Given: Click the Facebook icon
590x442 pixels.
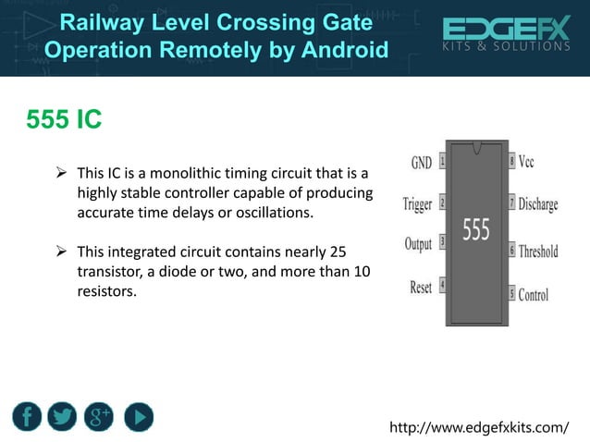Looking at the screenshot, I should click(28, 416).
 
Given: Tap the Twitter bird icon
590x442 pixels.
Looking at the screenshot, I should click(62, 416).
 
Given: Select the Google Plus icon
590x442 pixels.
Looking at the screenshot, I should click(99, 416).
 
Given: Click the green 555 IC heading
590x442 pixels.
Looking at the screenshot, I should click(64, 120).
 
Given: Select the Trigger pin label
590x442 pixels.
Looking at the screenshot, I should click(417, 203).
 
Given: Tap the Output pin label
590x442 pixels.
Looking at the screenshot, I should click(418, 244).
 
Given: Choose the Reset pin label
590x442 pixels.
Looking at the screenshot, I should click(421, 287).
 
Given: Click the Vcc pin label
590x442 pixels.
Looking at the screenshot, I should click(526, 162).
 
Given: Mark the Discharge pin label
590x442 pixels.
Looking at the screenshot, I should click(537, 204).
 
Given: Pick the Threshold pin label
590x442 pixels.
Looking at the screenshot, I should click(538, 251).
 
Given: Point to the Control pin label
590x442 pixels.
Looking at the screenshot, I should click(533, 295).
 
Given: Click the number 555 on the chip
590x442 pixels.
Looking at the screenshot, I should click(475, 229).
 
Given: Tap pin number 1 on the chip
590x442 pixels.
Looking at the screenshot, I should click(443, 161).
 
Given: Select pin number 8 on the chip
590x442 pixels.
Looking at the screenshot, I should click(511, 161).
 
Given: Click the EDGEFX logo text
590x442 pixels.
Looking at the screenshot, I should click(506, 28).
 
